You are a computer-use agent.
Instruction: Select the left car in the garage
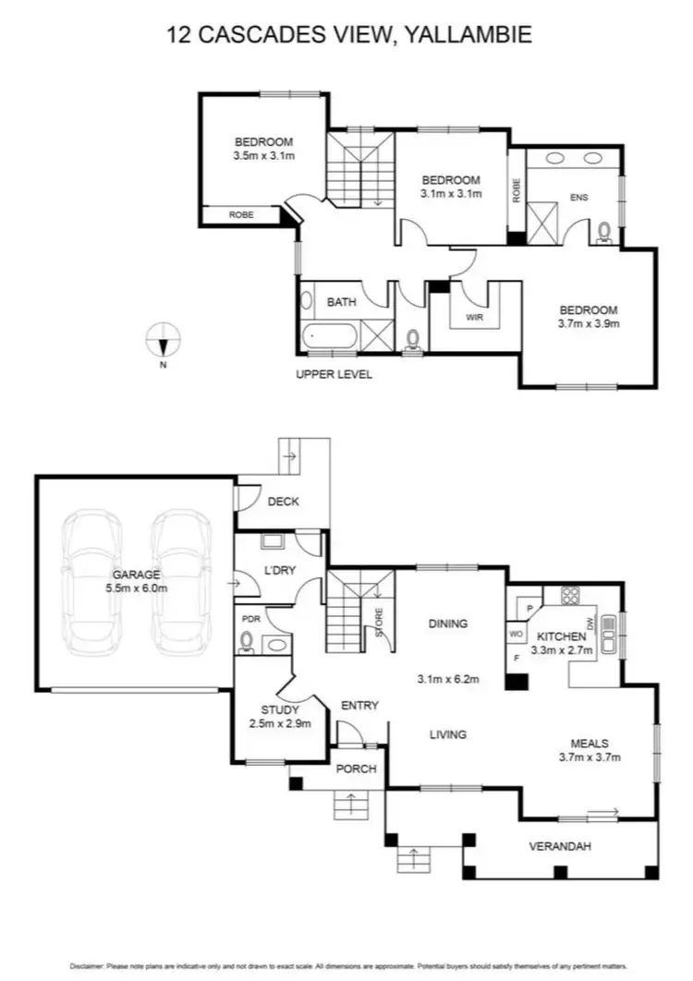91,579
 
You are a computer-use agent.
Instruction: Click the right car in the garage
181,579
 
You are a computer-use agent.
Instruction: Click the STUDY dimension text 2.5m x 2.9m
280,723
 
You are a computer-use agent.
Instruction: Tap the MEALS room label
589,743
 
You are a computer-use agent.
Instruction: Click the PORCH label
354,769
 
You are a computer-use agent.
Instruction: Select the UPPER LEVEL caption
334,374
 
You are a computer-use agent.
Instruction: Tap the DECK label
282,502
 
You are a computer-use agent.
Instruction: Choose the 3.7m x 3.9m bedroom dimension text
587,324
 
